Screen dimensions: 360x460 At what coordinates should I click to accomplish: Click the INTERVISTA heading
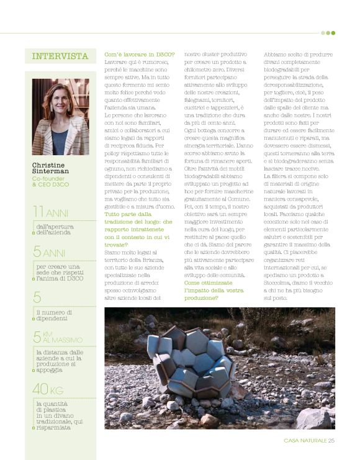60,56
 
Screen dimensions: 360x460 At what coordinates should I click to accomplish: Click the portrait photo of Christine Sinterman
60,116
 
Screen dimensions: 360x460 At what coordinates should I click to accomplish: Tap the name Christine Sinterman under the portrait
50,168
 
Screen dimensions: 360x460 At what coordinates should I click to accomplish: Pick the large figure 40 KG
48,390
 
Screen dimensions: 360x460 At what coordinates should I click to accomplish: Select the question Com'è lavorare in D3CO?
140,55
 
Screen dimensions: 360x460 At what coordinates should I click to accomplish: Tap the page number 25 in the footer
331,441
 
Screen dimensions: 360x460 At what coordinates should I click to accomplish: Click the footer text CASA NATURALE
305,441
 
